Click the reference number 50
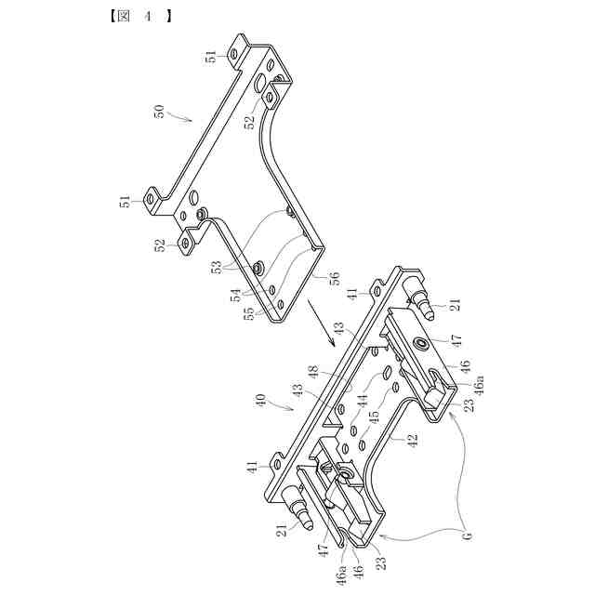click(x=159, y=110)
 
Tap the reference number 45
click(x=374, y=420)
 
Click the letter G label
click(x=467, y=535)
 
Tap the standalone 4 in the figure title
click(x=147, y=15)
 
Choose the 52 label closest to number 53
click(x=160, y=245)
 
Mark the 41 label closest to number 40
click(x=253, y=468)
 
